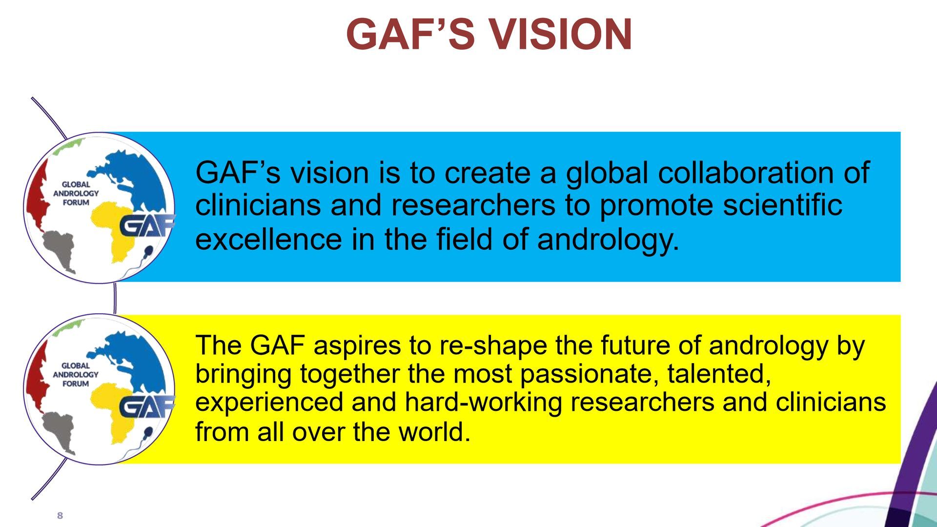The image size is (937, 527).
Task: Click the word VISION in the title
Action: (x=560, y=34)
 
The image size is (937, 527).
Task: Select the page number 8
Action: (x=60, y=516)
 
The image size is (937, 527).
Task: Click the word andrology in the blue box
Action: (x=608, y=240)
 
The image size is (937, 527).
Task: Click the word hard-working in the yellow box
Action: (x=483, y=403)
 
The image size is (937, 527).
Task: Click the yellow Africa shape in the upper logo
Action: (x=114, y=229)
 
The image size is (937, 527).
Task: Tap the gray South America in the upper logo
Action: (x=59, y=249)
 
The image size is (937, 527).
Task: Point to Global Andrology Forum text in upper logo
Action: (x=76, y=193)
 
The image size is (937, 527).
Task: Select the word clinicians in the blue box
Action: (x=258, y=205)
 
